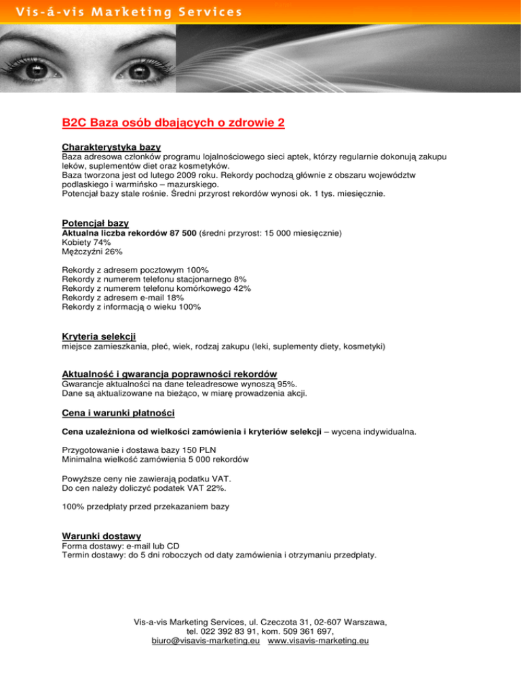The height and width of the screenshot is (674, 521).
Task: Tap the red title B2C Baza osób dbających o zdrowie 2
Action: click(x=172, y=123)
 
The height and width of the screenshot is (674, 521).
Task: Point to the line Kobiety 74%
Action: click(x=86, y=242)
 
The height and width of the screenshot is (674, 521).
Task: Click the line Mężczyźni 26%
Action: click(x=92, y=252)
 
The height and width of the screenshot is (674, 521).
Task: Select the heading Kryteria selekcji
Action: click(x=98, y=336)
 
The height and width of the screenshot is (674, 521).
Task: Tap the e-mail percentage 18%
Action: click(x=174, y=298)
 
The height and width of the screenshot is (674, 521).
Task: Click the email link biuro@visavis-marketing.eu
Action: click(x=206, y=641)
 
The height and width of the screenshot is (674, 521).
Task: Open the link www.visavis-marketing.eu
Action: click(x=318, y=641)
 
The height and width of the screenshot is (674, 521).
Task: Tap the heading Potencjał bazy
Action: click(x=95, y=223)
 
